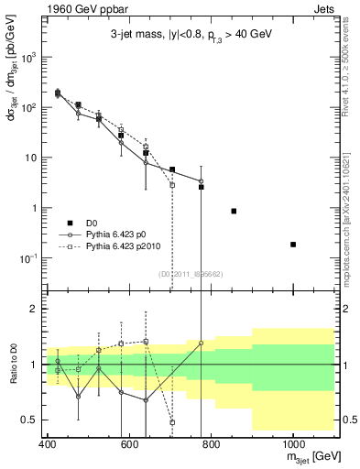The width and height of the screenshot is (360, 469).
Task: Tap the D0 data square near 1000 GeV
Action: point(293,245)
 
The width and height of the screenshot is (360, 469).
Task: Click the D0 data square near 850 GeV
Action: point(234,211)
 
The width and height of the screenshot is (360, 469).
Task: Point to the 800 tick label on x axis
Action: point(211,444)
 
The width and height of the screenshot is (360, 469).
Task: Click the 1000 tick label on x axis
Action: point(292,444)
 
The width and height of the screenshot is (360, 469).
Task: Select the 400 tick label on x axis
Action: point(47,444)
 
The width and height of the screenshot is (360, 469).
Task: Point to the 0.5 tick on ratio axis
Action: point(33,420)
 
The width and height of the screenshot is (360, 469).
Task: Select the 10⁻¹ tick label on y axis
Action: point(30,258)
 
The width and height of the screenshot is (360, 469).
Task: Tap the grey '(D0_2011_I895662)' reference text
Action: point(190,274)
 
